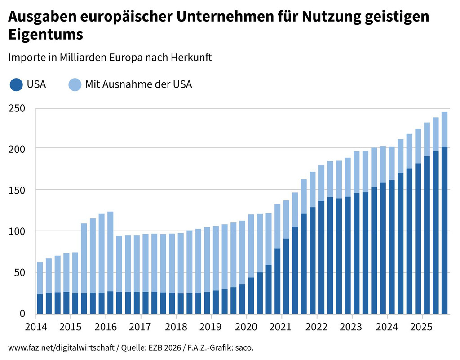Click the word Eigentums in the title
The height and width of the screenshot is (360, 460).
[46, 35]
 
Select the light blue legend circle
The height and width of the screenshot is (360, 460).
[75, 84]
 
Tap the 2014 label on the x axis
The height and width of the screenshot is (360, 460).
[35, 326]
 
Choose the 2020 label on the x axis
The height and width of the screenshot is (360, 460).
[247, 326]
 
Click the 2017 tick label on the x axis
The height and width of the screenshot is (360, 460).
[142, 326]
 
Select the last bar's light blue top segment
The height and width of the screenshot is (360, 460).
[444, 129]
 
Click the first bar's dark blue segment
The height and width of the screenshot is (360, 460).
[40, 304]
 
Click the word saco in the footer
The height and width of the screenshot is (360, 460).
[248, 348]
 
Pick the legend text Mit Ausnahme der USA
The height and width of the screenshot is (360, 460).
[138, 84]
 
